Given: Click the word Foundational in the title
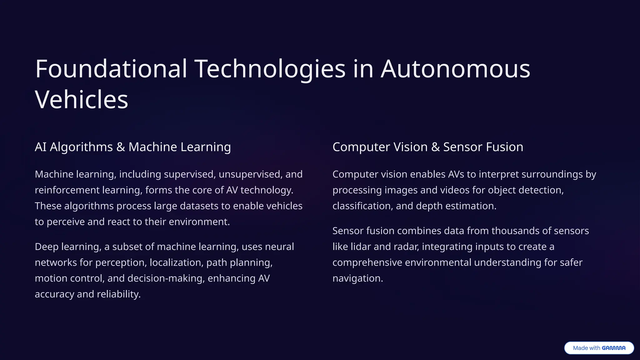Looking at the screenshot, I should coord(111,69).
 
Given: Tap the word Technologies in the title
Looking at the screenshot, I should coord(270,69).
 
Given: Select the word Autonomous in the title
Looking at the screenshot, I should coord(455,69).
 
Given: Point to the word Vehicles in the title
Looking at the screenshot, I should coord(82,99).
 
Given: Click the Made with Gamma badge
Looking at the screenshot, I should coord(599,348).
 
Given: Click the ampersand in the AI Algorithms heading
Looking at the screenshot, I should coord(121,147).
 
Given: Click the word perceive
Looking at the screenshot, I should coord(66,222).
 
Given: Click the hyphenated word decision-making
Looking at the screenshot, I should coord(166,278).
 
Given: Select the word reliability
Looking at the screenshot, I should coord(119,294).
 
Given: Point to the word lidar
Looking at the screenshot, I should coord(361,247).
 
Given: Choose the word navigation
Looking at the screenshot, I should coord(357,278).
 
